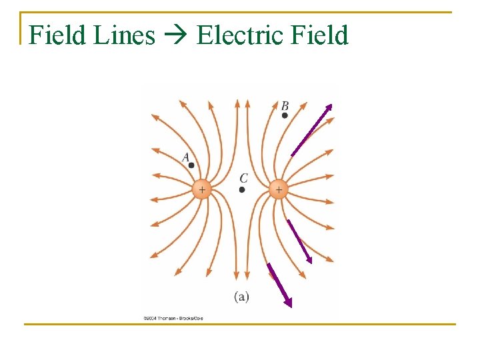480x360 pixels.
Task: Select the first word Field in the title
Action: click(x=59, y=35)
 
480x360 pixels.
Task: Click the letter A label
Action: click(x=187, y=157)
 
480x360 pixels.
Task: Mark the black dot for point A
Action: click(x=191, y=165)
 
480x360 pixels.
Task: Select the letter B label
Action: click(x=285, y=106)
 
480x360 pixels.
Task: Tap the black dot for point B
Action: click(x=285, y=115)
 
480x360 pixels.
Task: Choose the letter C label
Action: click(x=243, y=179)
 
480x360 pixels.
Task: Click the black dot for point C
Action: click(x=242, y=189)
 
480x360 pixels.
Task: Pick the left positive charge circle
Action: click(x=201, y=189)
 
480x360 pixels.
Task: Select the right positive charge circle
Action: click(x=278, y=189)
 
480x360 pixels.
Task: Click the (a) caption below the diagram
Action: click(x=241, y=297)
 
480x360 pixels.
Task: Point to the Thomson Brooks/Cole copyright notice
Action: click(x=173, y=318)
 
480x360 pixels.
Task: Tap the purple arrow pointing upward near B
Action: click(x=311, y=130)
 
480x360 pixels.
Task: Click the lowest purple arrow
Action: click(x=279, y=285)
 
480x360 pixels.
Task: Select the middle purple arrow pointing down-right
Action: click(x=299, y=241)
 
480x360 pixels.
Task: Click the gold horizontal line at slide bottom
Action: click(x=240, y=325)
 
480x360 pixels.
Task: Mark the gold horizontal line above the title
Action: click(x=240, y=12)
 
